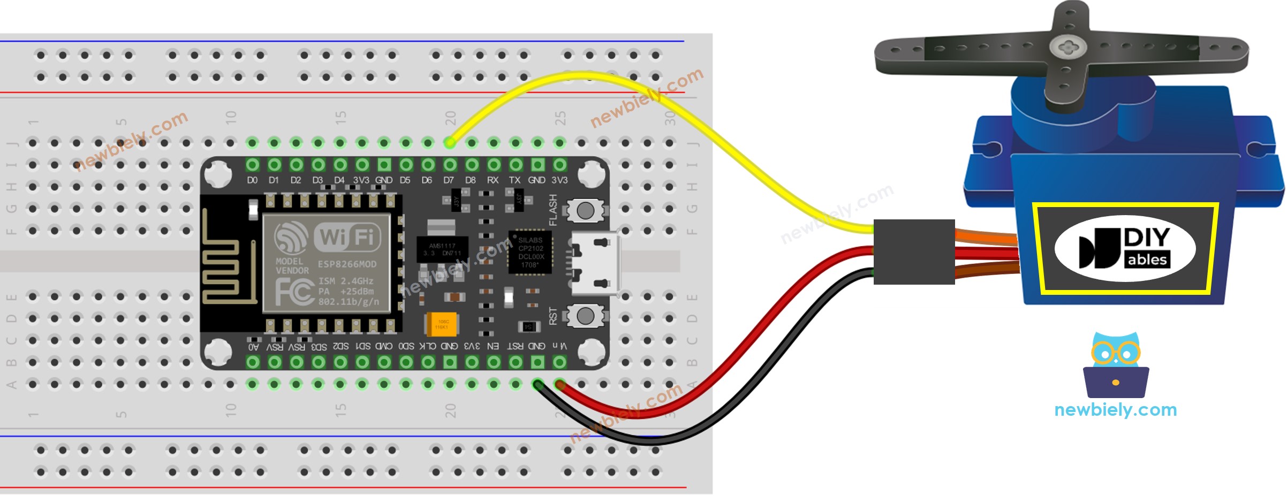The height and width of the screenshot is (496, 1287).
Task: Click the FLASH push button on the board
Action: (x=585, y=210)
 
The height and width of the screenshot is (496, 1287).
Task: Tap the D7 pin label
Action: (x=449, y=180)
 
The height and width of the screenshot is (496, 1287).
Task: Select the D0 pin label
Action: (x=252, y=180)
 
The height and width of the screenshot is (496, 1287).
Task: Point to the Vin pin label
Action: (x=559, y=346)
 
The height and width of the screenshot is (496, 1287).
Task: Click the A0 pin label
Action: (x=253, y=347)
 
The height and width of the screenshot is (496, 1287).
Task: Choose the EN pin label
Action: (x=493, y=346)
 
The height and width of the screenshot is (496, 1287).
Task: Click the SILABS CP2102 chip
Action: (x=530, y=252)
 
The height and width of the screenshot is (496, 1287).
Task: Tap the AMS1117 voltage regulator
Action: (x=442, y=249)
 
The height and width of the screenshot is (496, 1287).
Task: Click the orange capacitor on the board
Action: (x=441, y=324)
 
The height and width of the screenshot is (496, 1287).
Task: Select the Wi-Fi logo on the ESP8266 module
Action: (x=347, y=236)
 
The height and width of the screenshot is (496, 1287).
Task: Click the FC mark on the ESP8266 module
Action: (x=293, y=292)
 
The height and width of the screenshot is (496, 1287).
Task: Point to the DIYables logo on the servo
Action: (x=1125, y=249)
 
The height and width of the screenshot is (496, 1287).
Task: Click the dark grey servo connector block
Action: (x=914, y=251)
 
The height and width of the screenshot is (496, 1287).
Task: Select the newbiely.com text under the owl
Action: (x=1115, y=410)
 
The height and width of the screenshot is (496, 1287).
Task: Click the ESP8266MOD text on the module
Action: (x=347, y=264)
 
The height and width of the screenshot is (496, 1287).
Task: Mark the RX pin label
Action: (x=493, y=180)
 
